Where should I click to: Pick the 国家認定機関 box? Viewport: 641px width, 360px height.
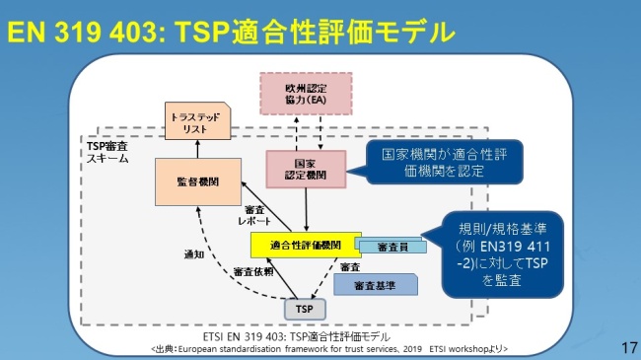click(x=305, y=170)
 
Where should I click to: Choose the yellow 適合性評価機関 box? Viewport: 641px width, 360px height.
click(x=306, y=245)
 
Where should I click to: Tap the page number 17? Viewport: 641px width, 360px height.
click(x=627, y=347)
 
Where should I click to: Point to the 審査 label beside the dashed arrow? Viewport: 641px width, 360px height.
click(x=349, y=266)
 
